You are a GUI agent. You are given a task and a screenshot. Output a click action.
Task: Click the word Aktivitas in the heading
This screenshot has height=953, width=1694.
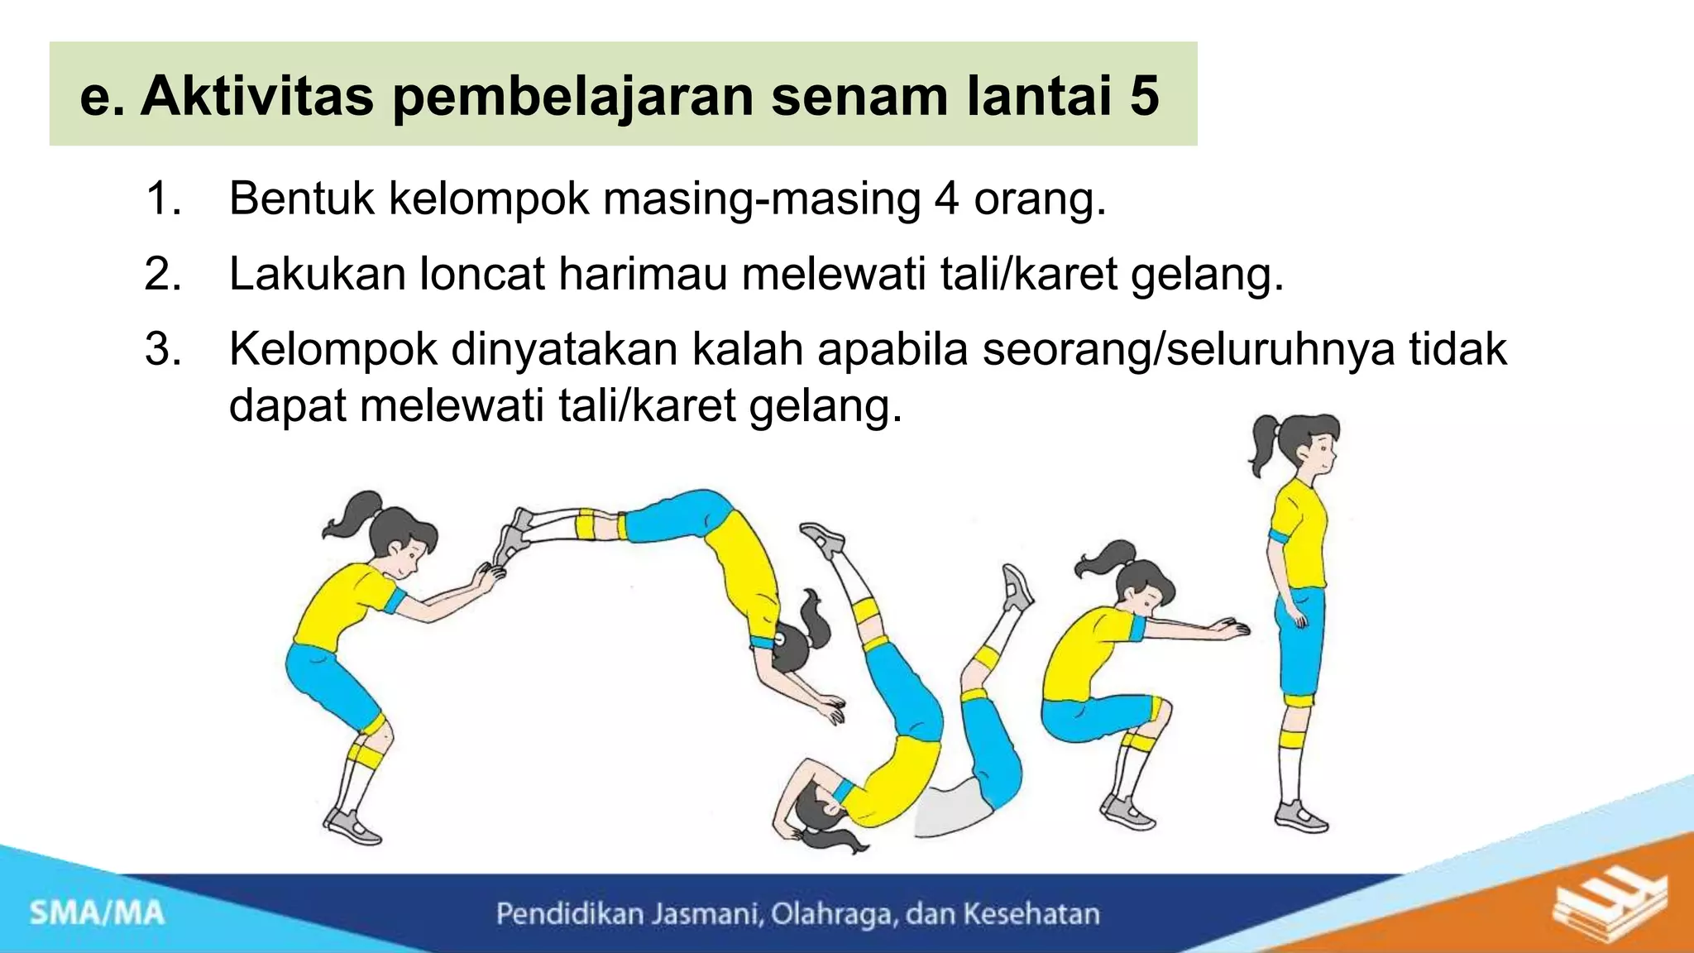[x=257, y=96]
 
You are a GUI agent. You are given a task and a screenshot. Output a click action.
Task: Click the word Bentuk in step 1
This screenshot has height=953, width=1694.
[x=301, y=199]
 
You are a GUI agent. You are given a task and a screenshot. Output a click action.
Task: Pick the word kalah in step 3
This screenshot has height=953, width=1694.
[x=748, y=349]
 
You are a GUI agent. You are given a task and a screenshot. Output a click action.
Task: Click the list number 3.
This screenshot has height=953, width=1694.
[x=163, y=349]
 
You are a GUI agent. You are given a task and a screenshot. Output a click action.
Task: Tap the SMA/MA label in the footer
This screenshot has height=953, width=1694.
[x=98, y=913]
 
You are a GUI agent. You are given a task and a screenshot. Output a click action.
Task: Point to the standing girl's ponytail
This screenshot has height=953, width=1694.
[x=1264, y=443]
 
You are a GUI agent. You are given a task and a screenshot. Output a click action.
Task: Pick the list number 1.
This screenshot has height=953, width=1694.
[x=163, y=199]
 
